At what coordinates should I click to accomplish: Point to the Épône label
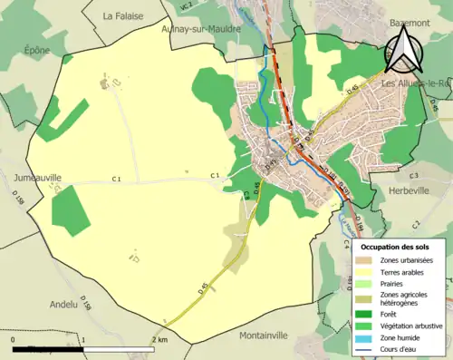tap(37, 51)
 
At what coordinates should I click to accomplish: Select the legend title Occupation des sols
tap(397, 247)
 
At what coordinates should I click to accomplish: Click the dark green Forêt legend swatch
tap(364, 314)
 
